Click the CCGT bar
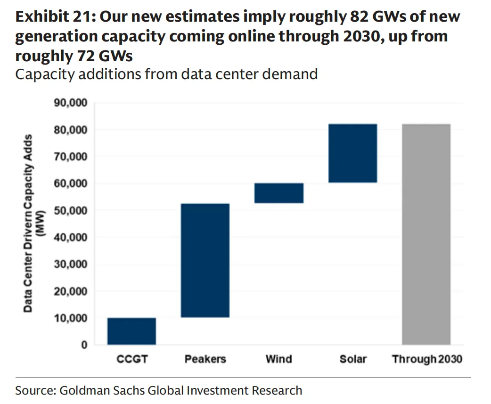(x=131, y=331)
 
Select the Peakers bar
(x=205, y=260)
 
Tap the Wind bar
(x=278, y=193)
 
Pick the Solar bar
(x=352, y=153)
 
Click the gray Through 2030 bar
(x=426, y=234)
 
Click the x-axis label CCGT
(x=132, y=359)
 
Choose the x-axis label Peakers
(x=205, y=359)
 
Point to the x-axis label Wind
(x=279, y=359)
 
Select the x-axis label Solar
(x=353, y=359)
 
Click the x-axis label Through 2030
(x=427, y=359)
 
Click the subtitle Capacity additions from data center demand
(x=166, y=74)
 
